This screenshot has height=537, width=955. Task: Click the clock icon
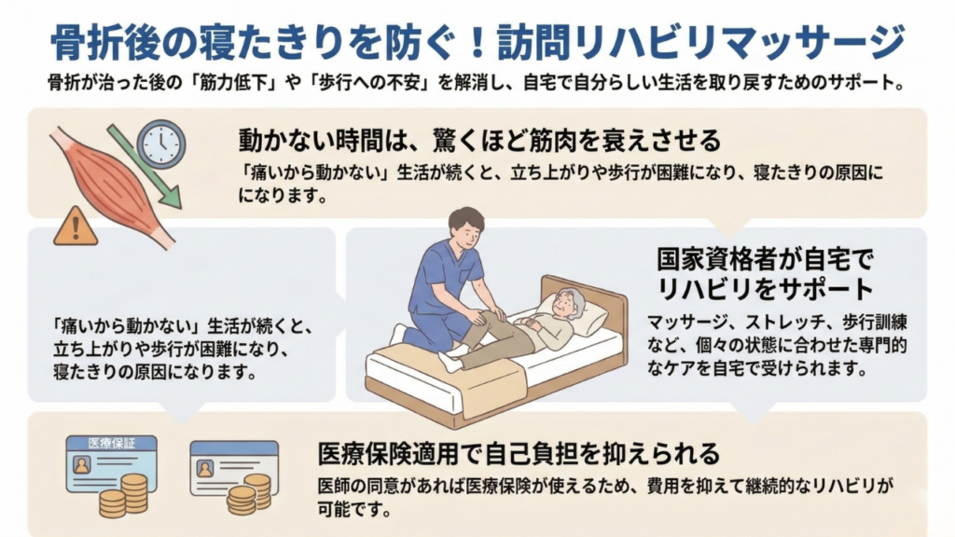coord(161,145)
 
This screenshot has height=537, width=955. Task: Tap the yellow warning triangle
coord(76,226)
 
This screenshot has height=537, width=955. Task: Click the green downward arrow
coord(145,167)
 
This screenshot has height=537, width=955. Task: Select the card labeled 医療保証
coord(112,464)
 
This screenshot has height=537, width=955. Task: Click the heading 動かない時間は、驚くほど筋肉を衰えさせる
coord(479,140)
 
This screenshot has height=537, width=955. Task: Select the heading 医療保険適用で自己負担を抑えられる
coord(519,453)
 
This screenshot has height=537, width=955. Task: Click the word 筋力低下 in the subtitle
coord(236,82)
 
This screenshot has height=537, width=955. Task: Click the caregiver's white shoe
coord(398,334)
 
